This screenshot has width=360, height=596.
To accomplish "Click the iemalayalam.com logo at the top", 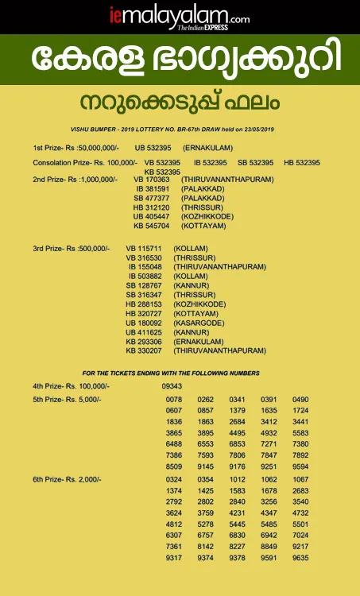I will point(180,16).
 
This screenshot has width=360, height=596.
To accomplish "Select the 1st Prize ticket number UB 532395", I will point(153,149).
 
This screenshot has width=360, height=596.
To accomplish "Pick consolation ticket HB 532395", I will point(301,163).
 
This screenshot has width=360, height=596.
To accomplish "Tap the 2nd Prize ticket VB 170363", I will point(153,180).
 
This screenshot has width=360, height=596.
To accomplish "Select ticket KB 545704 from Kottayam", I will point(153,226).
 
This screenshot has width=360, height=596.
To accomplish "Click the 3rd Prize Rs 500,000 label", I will point(71,249).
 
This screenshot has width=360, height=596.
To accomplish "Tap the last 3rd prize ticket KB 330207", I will point(144,350).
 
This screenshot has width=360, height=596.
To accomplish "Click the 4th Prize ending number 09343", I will point(172,385).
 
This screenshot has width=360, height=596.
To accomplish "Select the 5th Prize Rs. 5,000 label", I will point(67,398).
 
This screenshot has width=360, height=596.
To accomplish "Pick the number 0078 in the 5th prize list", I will point(174,399).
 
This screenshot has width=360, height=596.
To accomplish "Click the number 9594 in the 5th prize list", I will point(300,466).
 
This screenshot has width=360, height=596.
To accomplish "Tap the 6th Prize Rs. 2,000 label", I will point(67,479).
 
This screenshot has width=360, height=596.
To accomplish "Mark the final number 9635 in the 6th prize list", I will point(300,558).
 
